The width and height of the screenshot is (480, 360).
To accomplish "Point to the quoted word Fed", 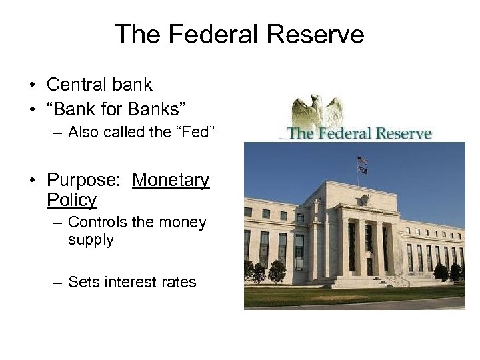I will point(197,131).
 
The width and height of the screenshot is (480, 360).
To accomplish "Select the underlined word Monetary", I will point(171,180).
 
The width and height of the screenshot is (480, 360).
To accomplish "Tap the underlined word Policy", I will point(72,199).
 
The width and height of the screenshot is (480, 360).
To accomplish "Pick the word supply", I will point(91,239).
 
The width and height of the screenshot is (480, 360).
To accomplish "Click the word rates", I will point(179,282).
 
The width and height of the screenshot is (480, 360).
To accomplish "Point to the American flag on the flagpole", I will point(361,160).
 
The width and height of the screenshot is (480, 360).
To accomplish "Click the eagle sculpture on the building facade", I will point(365,199).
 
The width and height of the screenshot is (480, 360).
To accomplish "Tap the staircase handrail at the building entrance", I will point(401,279).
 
